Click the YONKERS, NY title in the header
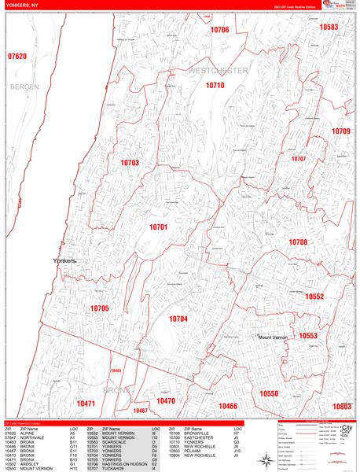pyautogui.click(x=23, y=6)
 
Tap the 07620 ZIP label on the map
pyautogui.click(x=17, y=57)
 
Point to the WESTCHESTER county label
pyautogui.click(x=218, y=71)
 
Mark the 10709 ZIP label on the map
pyautogui.click(x=340, y=131)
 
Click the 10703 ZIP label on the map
pyautogui.click(x=130, y=163)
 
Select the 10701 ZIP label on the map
pyautogui.click(x=159, y=227)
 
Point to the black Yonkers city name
pyautogui.click(x=70, y=260)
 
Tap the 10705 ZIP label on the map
pyautogui.click(x=100, y=308)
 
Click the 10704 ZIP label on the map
pyautogui.click(x=178, y=319)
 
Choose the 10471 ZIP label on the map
pyautogui.click(x=86, y=404)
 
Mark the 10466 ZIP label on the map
pyautogui.click(x=228, y=405)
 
